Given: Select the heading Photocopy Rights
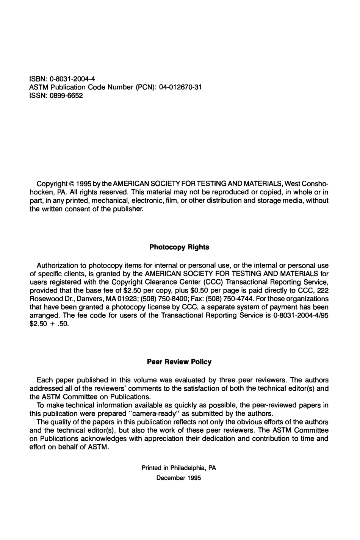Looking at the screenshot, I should pyautogui.click(x=179, y=247).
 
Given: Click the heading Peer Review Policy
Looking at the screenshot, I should pyautogui.click(x=179, y=362).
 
